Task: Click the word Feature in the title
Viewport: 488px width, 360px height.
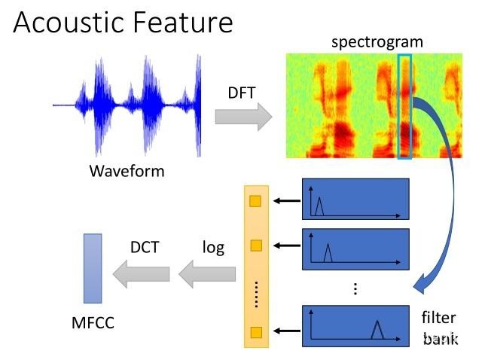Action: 183,22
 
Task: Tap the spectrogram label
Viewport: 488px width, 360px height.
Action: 377,42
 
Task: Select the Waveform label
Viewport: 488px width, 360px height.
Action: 127,171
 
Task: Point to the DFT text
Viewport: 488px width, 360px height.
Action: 242,93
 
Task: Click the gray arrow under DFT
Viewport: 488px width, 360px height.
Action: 243,117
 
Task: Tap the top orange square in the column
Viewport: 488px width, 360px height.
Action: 255,201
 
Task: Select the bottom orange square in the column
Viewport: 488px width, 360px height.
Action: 256,333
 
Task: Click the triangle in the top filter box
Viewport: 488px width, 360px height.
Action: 319,206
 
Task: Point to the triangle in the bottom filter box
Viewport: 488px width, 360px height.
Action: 377,330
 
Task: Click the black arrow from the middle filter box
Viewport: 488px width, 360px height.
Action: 287,246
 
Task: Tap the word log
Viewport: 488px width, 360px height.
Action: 214,248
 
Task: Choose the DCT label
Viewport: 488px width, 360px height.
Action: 145,247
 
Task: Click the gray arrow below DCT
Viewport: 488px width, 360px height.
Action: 142,274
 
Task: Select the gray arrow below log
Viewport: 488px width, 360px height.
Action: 207,274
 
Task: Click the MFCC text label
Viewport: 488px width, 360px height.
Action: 93,322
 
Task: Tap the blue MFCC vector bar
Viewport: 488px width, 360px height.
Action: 93,269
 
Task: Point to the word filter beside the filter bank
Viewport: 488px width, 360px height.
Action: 439,318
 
